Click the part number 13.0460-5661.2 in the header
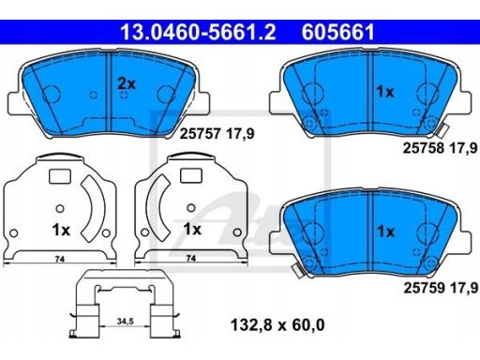click(198, 32)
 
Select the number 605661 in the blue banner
click(337, 32)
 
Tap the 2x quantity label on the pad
click(127, 83)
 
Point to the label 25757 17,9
click(217, 134)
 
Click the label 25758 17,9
click(441, 148)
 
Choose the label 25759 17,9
click(441, 288)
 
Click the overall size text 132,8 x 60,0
click(277, 324)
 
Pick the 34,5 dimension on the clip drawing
click(125, 321)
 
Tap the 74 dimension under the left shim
click(60, 259)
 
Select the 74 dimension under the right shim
click(191, 259)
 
